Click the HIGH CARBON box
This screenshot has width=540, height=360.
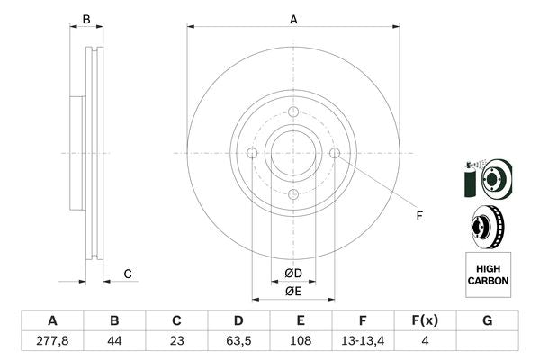pos(488,274)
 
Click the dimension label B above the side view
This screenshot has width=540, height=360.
pos(86,19)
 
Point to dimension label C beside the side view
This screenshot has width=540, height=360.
pos(128,274)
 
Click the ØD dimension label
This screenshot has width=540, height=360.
pos(293,273)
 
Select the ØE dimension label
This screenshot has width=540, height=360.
pos(293,290)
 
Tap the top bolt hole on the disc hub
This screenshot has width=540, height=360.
pos(293,112)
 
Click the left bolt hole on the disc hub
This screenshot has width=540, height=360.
pos(252,154)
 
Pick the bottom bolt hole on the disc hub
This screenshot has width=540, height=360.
pos(293,194)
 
